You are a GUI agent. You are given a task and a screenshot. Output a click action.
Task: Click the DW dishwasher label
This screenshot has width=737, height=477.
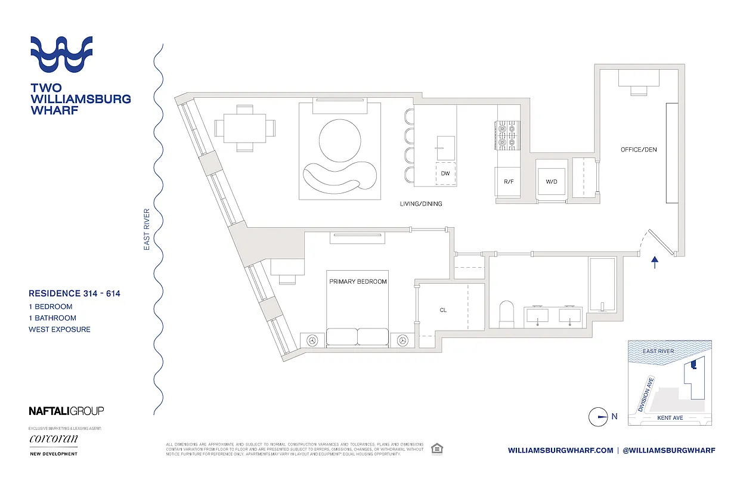point(445,174)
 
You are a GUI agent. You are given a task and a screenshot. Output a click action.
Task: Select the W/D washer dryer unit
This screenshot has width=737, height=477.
point(551,181)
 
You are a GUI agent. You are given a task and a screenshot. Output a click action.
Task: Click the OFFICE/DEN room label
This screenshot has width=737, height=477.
point(639,150)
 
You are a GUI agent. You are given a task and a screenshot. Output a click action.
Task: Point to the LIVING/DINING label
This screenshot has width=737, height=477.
point(421,204)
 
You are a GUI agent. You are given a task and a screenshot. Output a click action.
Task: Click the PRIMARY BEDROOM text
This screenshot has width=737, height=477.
point(357,281)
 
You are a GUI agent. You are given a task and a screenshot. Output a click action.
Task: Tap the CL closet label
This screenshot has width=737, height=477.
point(442,310)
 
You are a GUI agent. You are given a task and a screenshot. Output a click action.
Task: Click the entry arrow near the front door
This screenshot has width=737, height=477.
point(654,262)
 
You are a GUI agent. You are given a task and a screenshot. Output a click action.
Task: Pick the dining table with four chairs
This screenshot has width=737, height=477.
point(245,127)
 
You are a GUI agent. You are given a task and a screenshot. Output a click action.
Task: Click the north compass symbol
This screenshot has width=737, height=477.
point(598,417)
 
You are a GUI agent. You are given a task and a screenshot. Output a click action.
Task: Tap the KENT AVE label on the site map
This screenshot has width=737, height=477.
point(670,418)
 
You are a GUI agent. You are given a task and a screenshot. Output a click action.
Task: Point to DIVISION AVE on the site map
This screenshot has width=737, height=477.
point(646,394)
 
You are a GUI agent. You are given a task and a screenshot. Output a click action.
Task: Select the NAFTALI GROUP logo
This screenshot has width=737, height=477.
point(66,411)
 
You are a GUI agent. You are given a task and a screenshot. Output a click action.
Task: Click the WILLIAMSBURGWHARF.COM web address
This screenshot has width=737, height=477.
point(561,450)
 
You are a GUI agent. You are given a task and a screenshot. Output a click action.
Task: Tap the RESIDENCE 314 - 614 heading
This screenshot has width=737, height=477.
point(75,293)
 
